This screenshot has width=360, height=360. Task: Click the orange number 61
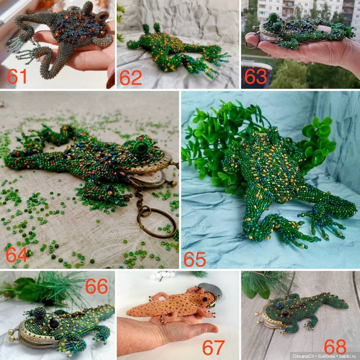coord(17,77)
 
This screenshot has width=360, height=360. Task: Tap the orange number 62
coord(130,78)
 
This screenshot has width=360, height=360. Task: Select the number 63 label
coord(255,77)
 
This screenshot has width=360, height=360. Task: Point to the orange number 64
coord(17,255)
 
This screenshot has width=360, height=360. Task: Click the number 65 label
coord(194,259)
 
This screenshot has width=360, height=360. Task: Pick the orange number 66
coord(97,286)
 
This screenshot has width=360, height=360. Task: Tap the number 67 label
coord(213,348)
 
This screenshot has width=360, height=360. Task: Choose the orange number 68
coord(335,346)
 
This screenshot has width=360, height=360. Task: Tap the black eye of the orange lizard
coord(205,299)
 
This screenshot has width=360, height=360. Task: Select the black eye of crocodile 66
coord(54,323)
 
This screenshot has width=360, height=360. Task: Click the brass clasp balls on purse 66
coord(12,335)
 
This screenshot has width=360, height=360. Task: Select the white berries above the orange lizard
coord(163,274)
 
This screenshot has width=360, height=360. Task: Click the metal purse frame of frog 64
coord(149,169)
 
